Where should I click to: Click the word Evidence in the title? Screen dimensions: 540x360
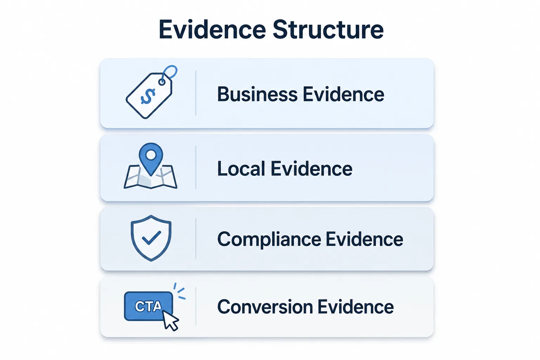click(x=212, y=30)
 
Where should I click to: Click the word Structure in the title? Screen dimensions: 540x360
click(x=328, y=30)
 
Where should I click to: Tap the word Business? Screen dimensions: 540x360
click(x=257, y=94)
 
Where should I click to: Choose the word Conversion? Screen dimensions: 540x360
click(x=265, y=307)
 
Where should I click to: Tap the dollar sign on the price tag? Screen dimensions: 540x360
click(x=148, y=96)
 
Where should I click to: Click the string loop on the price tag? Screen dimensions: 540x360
click(x=169, y=72)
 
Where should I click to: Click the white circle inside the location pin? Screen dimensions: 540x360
click(x=151, y=155)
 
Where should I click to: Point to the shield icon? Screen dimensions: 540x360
click(x=151, y=238)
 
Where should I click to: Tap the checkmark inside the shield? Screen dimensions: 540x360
click(x=152, y=238)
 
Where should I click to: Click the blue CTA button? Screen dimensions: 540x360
click(x=148, y=306)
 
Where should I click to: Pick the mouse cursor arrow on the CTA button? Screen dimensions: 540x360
click(x=171, y=321)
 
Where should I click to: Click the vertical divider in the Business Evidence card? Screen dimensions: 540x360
click(x=196, y=93)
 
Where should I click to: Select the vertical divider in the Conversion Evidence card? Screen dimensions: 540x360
click(x=196, y=306)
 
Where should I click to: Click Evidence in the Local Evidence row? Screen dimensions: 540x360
click(x=311, y=168)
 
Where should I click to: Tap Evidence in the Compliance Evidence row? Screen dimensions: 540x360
click(x=365, y=239)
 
